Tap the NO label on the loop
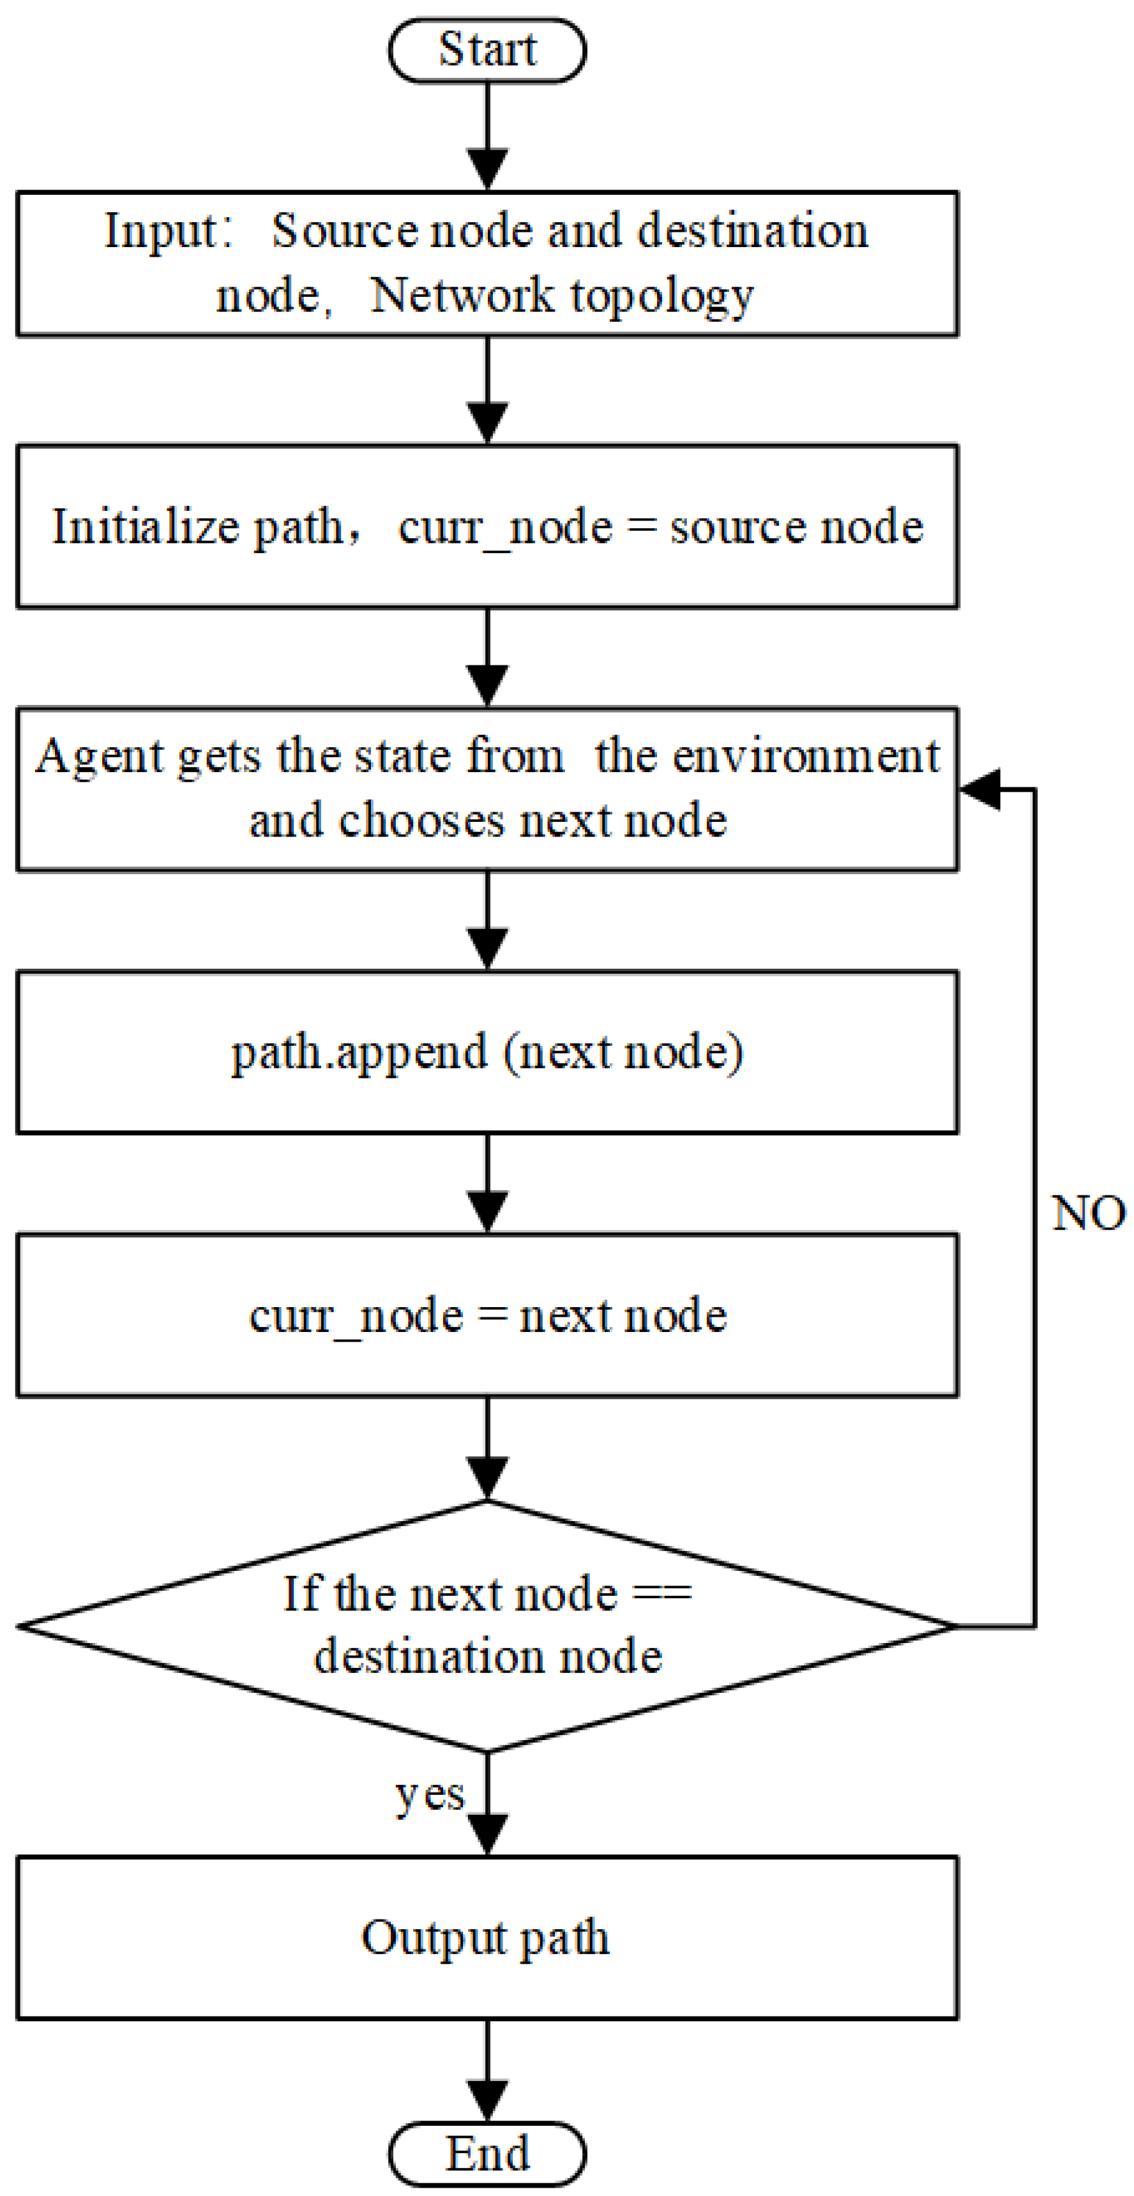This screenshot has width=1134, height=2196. [1088, 1213]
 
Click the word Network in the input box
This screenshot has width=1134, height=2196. [461, 296]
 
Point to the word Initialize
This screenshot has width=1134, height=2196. [146, 527]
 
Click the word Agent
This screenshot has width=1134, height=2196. [99, 756]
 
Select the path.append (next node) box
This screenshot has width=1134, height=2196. [487, 1052]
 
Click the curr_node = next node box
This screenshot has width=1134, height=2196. [487, 1315]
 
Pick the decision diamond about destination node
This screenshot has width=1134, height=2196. [487, 1626]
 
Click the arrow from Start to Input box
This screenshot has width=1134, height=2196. [487, 137]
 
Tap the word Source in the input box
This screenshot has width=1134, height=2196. [344, 230]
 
